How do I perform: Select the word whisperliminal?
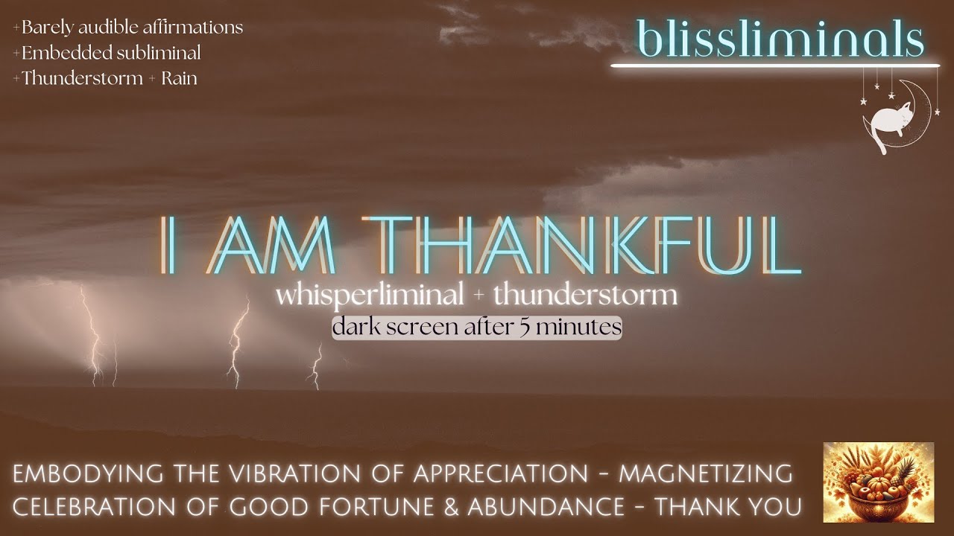369,296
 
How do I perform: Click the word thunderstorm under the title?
584,296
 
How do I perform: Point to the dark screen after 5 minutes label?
477,327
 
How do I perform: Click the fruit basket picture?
878,482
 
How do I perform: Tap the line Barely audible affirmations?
127,28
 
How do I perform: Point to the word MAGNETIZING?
705,473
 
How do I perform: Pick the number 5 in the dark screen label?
547,327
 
